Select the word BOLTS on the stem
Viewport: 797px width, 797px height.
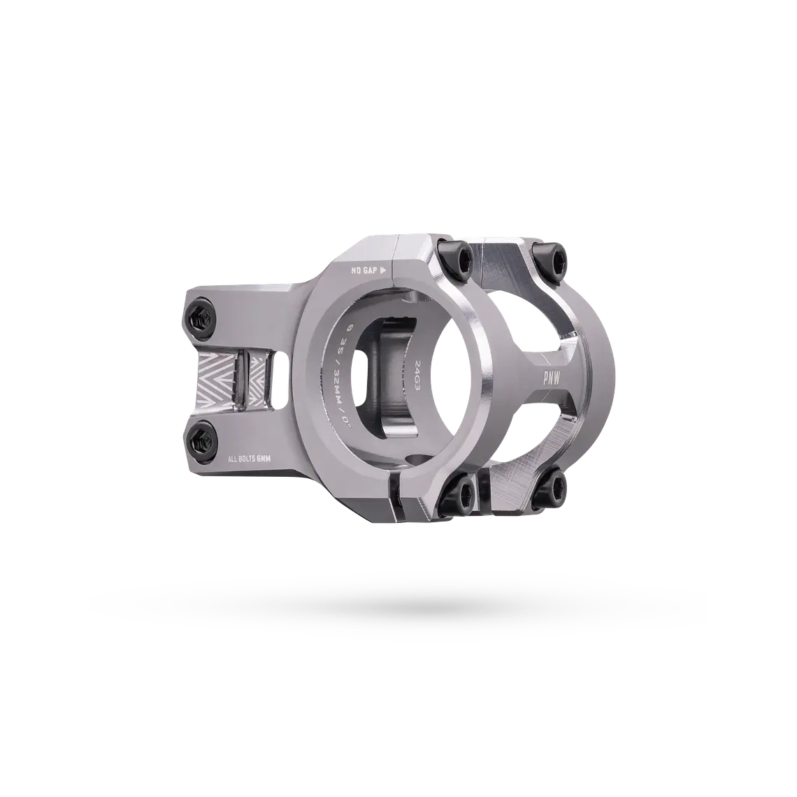[254, 459]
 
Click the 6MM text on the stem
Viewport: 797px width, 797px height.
[273, 459]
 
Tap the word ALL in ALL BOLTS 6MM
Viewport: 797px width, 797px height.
[236, 459]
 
